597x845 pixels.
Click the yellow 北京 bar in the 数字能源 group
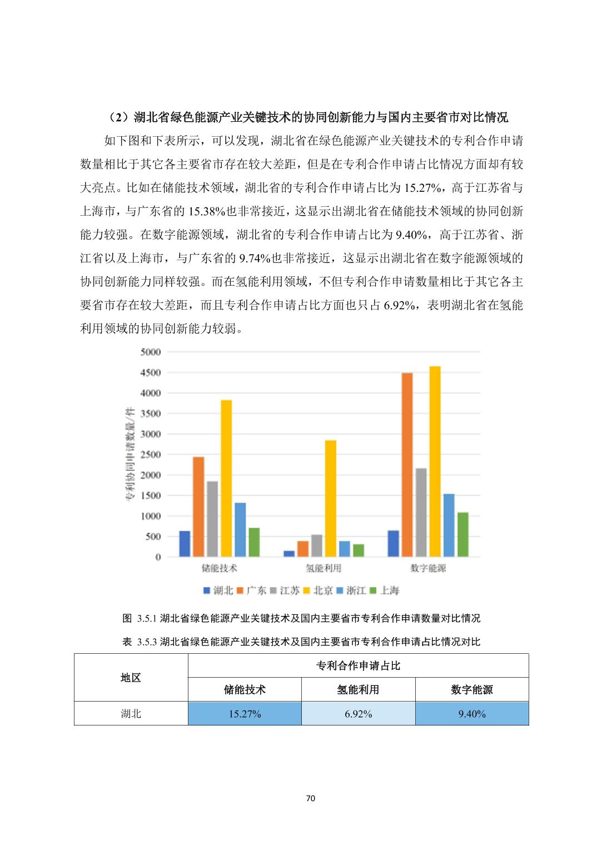pos(435,461)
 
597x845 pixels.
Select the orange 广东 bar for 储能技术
pos(198,506)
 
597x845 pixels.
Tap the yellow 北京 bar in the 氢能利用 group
pos(331,498)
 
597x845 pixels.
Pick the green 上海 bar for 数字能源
pos(462,534)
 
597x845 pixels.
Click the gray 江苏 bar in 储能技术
pos(212,519)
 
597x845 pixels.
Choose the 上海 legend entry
pos(385,590)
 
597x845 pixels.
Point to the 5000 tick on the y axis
pos(151,352)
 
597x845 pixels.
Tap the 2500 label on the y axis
pos(151,455)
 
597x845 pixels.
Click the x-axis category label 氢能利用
pos(324,568)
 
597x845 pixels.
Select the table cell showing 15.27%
pos(245,714)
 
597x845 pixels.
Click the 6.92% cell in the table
pos(358,714)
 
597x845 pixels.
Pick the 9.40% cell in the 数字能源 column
pos(472,714)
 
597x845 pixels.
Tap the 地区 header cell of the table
pos(131,678)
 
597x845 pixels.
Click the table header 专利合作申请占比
pos(358,665)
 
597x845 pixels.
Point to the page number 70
pos(311,798)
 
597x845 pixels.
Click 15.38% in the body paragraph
pos(207,211)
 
